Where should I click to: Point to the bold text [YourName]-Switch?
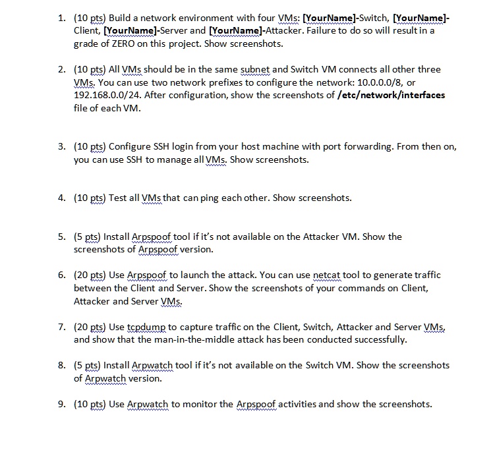click(341, 18)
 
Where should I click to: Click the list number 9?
click(61, 404)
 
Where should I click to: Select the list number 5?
click(61, 237)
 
